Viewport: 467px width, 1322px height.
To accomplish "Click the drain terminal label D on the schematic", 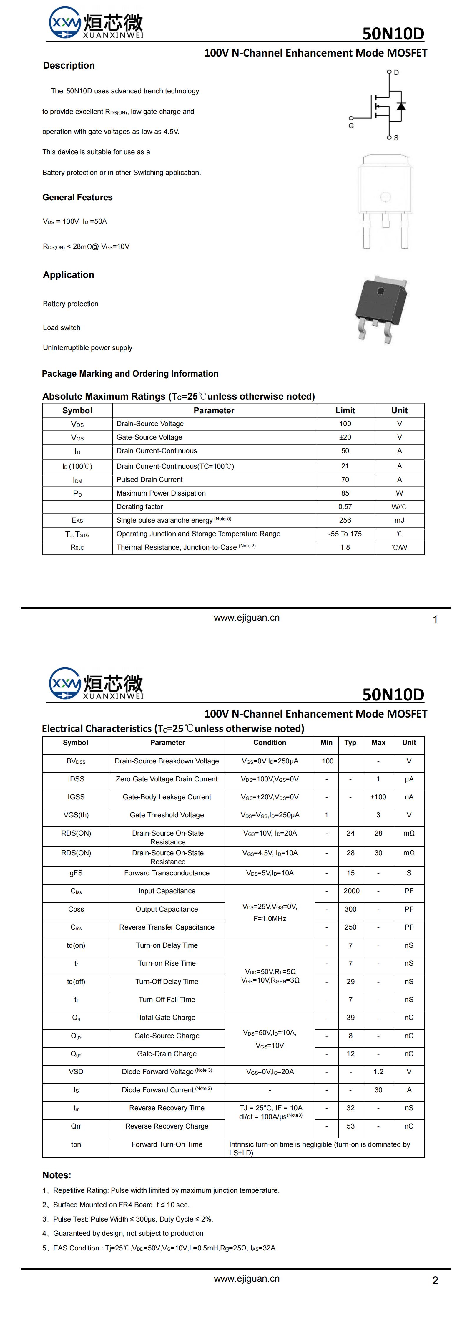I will coord(396,72).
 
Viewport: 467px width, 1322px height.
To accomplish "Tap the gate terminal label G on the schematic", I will coord(351,126).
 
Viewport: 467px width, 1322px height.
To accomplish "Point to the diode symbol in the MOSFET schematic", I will coord(401,106).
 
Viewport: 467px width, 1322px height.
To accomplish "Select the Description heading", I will coord(69,66).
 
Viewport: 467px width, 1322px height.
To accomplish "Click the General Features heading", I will coord(77,198).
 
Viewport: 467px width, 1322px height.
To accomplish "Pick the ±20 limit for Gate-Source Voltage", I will coord(345,437).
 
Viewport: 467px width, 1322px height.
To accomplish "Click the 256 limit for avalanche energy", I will coord(345,520).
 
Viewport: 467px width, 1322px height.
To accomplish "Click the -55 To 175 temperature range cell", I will coord(345,534).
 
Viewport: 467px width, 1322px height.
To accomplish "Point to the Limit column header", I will coord(345,410).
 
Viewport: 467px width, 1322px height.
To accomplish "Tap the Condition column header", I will coord(270,743).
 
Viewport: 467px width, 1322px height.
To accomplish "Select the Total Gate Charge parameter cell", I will coord(167,1018).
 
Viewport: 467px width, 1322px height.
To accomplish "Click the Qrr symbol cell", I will coord(76,1126).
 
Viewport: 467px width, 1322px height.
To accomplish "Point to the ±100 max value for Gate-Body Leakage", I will coord(378,797).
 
